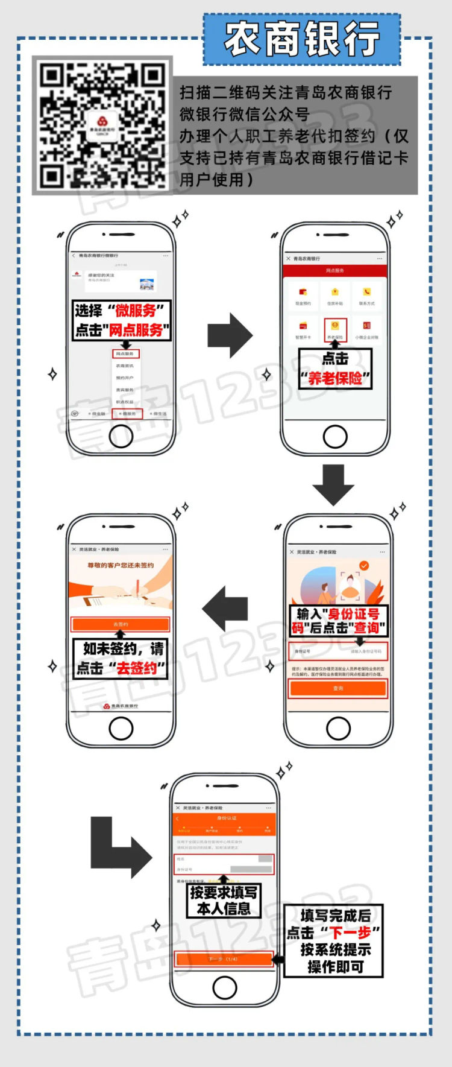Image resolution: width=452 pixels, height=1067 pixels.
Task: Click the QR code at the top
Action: tap(102, 125)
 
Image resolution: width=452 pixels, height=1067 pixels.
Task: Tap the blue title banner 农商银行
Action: tap(302, 39)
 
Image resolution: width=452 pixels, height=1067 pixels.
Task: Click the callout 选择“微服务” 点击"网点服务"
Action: tap(122, 320)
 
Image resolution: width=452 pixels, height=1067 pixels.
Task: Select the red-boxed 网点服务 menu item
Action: tap(125, 354)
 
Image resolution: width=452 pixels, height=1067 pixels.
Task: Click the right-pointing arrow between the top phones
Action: tap(230, 335)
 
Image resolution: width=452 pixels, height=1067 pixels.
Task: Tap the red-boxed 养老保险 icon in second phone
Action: tap(335, 329)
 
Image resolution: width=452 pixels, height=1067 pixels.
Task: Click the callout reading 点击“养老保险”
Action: tap(335, 369)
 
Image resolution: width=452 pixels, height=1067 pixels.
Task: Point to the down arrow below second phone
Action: tap(333, 484)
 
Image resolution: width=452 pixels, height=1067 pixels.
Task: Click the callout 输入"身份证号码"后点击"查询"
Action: tap(338, 621)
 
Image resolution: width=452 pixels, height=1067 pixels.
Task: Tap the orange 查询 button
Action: tap(338, 688)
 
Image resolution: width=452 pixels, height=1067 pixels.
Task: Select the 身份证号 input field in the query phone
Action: tap(338, 651)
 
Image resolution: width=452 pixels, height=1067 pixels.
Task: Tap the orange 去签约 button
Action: tap(121, 624)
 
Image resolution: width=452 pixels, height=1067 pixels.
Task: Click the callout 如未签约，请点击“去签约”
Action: tap(121, 659)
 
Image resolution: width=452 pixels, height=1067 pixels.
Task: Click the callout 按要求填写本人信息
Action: tap(224, 901)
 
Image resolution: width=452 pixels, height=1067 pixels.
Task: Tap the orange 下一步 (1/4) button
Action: tap(224, 959)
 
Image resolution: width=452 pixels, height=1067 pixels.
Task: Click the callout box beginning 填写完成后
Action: tap(333, 941)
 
